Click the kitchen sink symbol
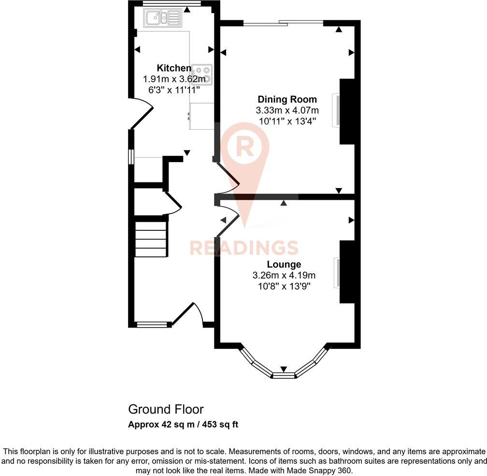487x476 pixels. click(162, 18)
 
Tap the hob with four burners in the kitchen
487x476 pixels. click(201, 74)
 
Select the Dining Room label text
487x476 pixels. click(287, 100)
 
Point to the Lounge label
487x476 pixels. click(284, 265)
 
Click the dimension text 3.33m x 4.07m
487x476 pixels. click(287, 111)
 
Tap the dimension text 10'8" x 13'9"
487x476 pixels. click(284, 286)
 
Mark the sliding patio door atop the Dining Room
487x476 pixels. click(283, 22)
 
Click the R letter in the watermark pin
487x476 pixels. click(245, 148)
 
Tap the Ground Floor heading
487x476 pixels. click(166, 410)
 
